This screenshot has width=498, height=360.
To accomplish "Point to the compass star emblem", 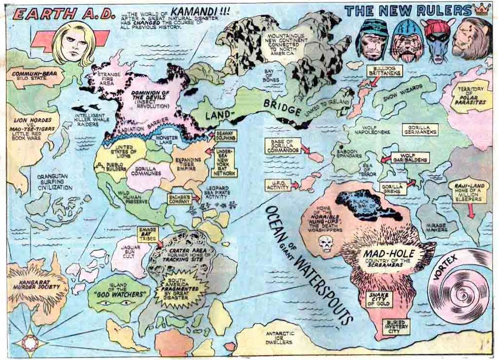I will (30, 342).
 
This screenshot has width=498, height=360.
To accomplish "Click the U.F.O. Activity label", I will (277, 185).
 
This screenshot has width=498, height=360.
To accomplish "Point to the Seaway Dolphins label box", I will (226, 136).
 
